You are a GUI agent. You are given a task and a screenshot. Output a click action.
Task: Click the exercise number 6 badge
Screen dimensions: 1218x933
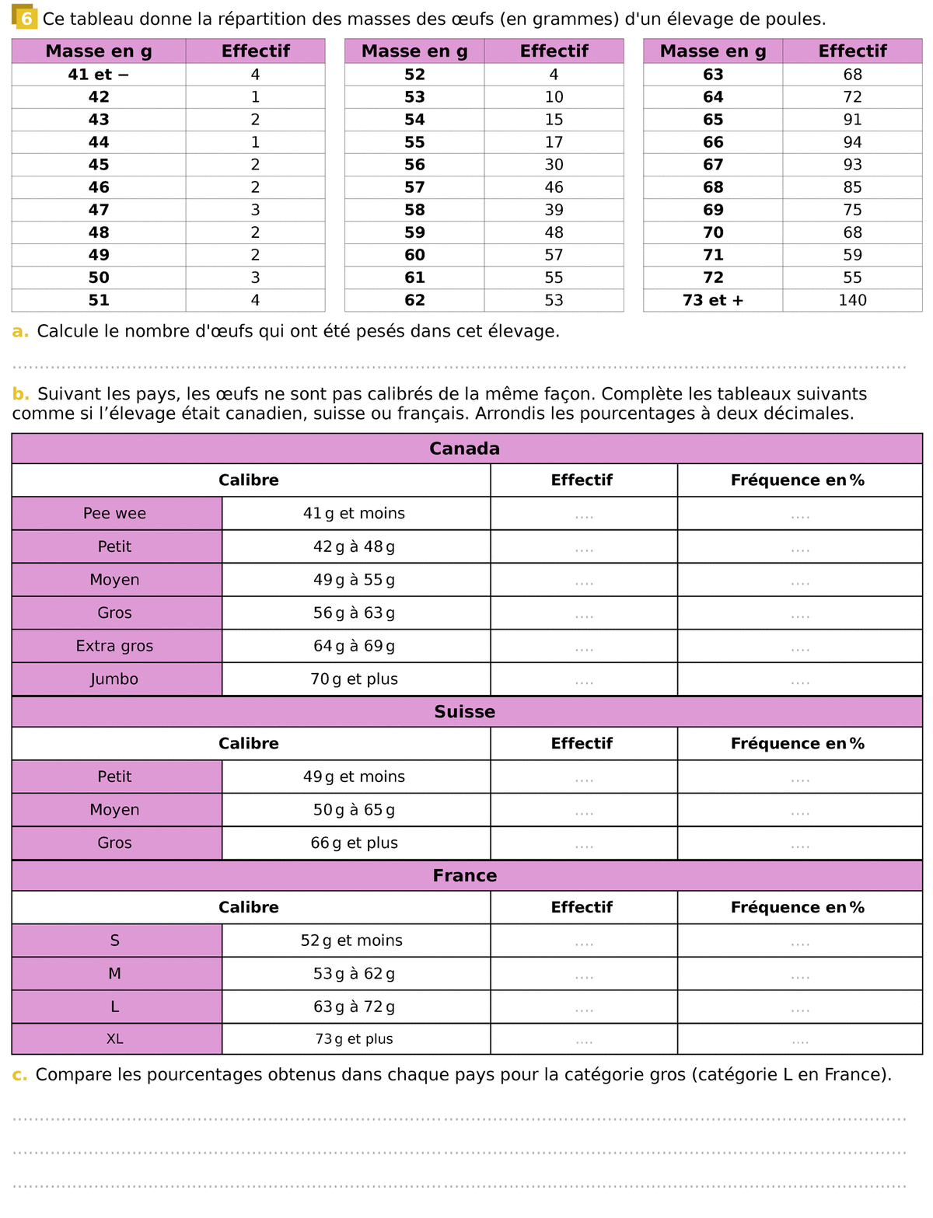pyautogui.click(x=26, y=18)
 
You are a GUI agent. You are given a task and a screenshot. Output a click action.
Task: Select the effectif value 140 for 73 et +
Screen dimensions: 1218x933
pyautogui.click(x=852, y=300)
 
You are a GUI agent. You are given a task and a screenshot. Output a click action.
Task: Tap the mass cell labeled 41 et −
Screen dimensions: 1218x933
pyautogui.click(x=99, y=75)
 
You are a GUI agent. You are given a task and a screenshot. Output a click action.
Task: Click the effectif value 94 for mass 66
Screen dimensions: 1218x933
pyautogui.click(x=852, y=142)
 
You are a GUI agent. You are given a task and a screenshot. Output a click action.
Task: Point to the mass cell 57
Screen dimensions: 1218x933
pyautogui.click(x=414, y=187)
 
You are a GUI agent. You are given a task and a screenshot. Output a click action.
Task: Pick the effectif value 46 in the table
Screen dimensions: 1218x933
pyautogui.click(x=554, y=187)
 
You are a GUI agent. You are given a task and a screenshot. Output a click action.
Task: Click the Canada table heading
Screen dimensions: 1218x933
pyautogui.click(x=465, y=448)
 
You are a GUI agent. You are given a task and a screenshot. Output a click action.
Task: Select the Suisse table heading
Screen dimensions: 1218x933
pyautogui.click(x=465, y=712)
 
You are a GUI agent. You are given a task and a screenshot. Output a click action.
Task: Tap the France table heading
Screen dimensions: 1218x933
pyautogui.click(x=465, y=876)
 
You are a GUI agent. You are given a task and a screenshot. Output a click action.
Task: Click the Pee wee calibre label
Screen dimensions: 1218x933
pyautogui.click(x=115, y=514)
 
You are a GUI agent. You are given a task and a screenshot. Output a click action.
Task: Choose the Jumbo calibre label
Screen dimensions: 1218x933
pyautogui.click(x=115, y=679)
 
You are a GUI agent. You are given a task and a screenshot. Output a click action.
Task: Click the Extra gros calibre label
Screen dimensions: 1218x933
pyautogui.click(x=115, y=646)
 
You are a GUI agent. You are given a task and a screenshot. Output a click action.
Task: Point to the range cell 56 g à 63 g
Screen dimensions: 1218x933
pyautogui.click(x=355, y=613)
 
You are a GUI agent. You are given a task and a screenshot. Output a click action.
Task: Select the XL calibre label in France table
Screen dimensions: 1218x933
pyautogui.click(x=115, y=1039)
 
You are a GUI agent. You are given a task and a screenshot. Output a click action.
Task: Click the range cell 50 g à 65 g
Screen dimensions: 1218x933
pyautogui.click(x=355, y=810)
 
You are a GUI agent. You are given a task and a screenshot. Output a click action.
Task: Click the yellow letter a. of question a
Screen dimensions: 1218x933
pyautogui.click(x=20, y=332)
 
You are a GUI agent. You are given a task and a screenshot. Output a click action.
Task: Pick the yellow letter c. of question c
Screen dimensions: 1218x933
pyautogui.click(x=20, y=1075)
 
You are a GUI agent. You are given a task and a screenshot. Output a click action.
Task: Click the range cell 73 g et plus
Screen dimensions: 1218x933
pyautogui.click(x=355, y=1039)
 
